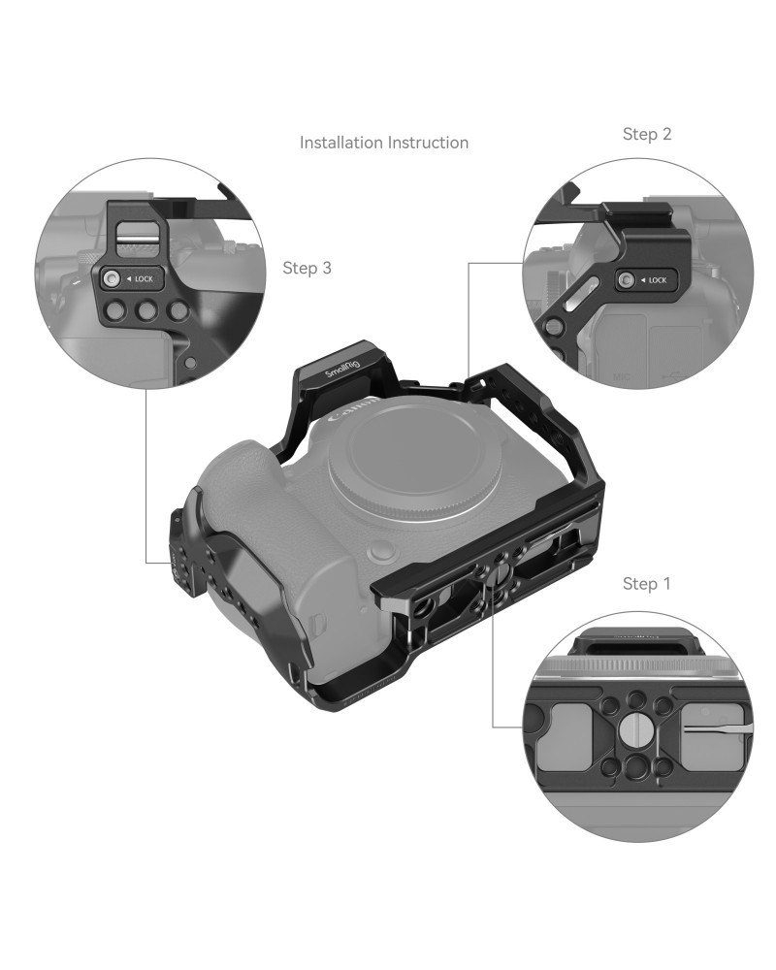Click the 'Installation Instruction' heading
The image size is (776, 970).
[x=384, y=143]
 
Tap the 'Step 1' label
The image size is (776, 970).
[x=646, y=583]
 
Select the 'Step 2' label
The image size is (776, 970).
[x=647, y=134]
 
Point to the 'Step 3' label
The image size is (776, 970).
[x=307, y=268]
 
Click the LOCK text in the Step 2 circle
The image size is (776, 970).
[x=658, y=280]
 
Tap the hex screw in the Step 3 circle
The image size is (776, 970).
[x=112, y=279]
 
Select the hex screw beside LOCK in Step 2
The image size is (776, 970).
[x=626, y=280]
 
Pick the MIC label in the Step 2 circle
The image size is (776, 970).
[x=622, y=376]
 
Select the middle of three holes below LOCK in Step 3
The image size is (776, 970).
[x=145, y=310]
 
